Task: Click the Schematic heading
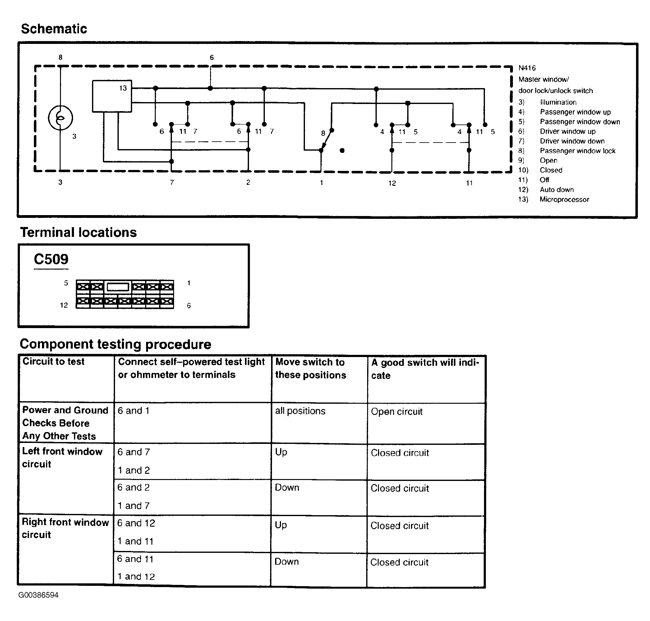[x=54, y=29]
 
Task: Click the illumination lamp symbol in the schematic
[x=60, y=118]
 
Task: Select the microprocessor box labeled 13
[x=112, y=96]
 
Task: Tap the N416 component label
[x=527, y=68]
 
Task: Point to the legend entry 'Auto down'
[x=556, y=190]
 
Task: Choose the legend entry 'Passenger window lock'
[x=577, y=151]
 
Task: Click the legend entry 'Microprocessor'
[x=564, y=200]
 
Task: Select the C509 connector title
[x=51, y=259]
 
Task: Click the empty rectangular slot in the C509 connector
[x=118, y=287]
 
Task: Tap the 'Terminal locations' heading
[x=78, y=233]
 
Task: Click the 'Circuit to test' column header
[x=53, y=361]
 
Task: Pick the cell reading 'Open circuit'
[x=396, y=412]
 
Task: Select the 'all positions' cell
[x=300, y=411]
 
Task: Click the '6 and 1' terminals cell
[x=134, y=411]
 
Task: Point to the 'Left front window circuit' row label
[x=62, y=458]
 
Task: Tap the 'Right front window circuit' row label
[x=65, y=528]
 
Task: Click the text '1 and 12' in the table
[x=136, y=576]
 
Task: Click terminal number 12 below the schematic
[x=392, y=183]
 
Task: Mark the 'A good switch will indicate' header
[x=425, y=369]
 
